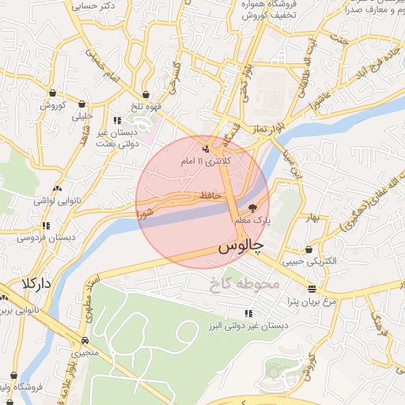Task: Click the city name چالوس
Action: pos(237,248)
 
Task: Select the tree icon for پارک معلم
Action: pos(252,208)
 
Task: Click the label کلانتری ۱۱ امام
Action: pos(207,161)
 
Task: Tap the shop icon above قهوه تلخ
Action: pos(146,95)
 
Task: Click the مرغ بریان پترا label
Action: pos(312,301)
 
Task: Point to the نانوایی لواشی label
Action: pos(56,201)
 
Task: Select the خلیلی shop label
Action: pos(82,115)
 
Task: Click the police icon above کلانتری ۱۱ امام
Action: pos(206,148)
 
